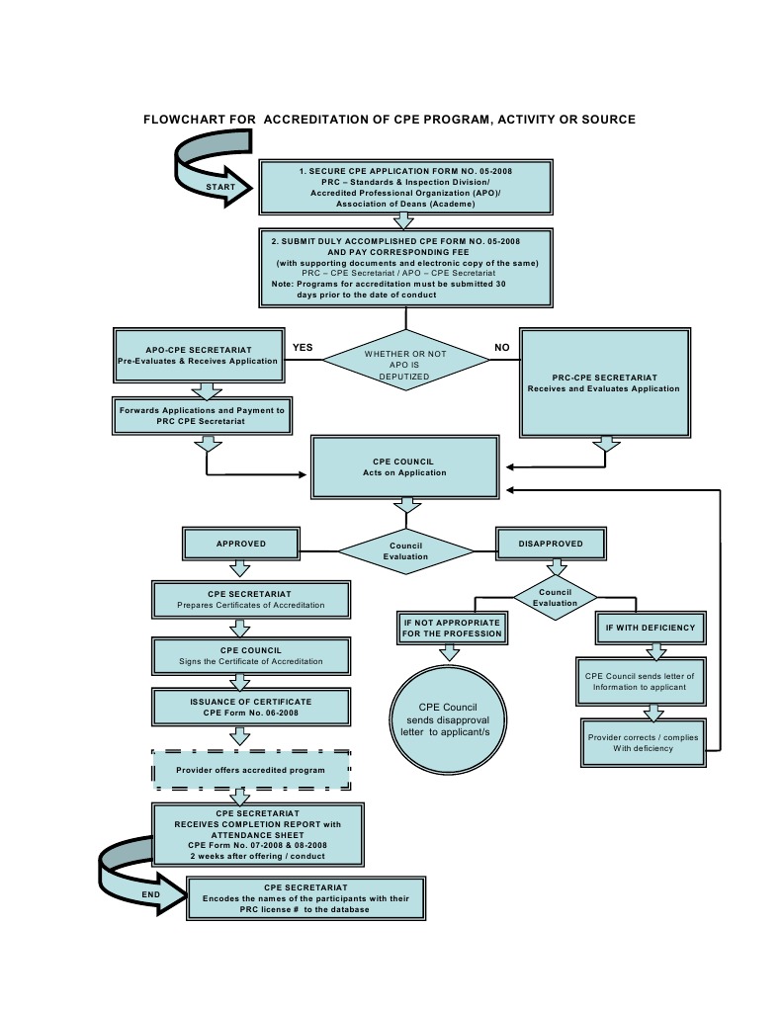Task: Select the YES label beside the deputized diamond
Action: click(303, 348)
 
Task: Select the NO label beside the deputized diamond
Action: click(501, 348)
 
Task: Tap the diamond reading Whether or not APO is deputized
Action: click(405, 362)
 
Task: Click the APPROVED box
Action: click(240, 544)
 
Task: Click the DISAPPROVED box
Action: click(550, 544)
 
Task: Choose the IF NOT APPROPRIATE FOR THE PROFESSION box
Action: click(451, 627)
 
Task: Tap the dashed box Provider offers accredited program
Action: click(251, 770)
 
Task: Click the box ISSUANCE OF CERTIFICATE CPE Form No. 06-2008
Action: click(251, 706)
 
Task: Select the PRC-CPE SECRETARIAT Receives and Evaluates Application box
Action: click(603, 382)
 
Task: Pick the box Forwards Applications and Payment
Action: click(202, 415)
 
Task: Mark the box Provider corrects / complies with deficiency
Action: click(643, 742)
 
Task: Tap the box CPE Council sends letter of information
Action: click(643, 681)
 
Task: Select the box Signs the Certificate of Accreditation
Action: click(251, 655)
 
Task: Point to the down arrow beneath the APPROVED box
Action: click(239, 568)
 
